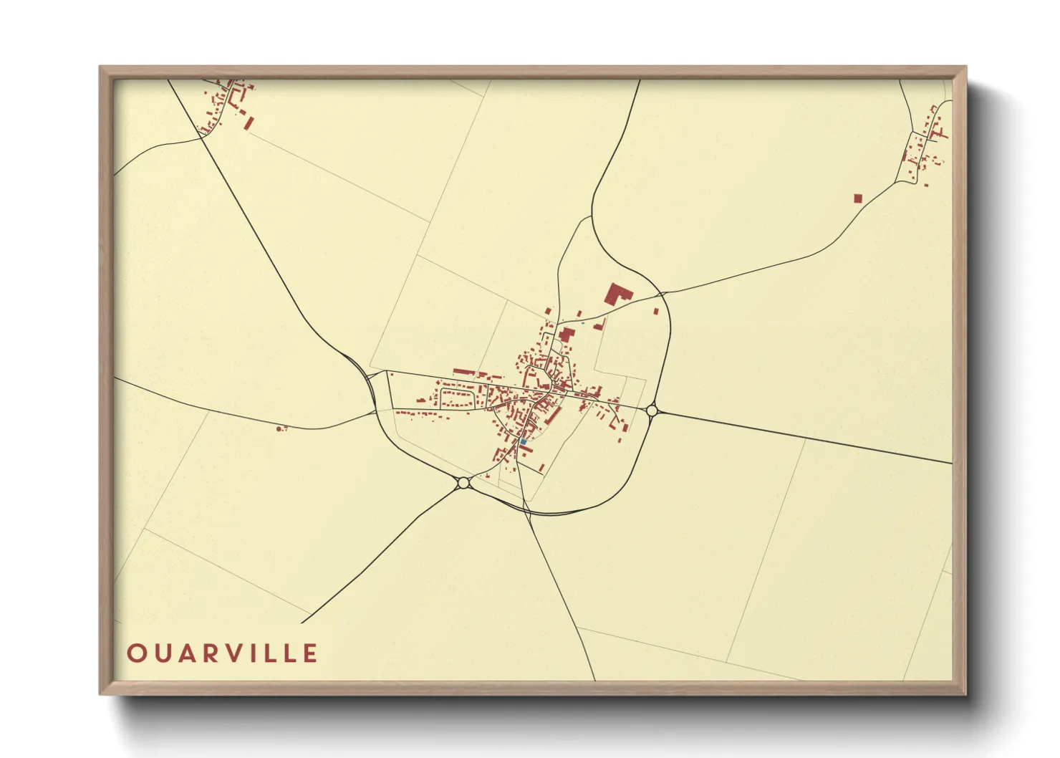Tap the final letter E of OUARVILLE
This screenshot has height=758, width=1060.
pos(310,653)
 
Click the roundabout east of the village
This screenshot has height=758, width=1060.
pos(652,411)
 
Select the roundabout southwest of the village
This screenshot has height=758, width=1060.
pos(463,483)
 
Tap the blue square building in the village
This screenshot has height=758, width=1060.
pos(524,442)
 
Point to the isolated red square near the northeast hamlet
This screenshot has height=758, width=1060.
pos(858,198)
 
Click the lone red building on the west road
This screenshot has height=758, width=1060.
pos(279,429)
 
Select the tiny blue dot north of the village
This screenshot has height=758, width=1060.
pos(583,323)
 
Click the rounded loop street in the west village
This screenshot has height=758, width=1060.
pos(458,398)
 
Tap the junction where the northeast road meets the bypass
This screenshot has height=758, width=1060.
pos(662,293)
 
